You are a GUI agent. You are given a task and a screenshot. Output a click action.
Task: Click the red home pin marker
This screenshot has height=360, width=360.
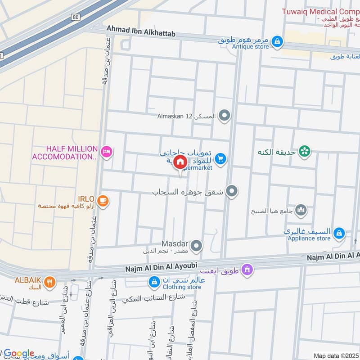[180, 162]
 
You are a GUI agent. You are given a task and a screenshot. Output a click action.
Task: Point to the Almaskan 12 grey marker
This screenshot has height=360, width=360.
[224, 116]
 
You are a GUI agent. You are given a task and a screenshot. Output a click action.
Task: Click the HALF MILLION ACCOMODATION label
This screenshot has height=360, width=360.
[65, 153]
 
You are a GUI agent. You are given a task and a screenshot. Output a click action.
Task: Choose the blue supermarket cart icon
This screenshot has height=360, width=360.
[220, 158]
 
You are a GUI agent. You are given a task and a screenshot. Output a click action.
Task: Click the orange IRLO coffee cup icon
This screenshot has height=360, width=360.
[103, 201]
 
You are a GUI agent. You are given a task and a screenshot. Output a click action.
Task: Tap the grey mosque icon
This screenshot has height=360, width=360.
[301, 210]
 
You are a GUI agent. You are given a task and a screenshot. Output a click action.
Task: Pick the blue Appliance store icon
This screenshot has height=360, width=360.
[339, 234]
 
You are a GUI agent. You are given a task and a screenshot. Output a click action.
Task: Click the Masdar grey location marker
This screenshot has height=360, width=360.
[196, 246]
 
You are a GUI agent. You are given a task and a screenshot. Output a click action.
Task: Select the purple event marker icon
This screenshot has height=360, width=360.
[247, 270]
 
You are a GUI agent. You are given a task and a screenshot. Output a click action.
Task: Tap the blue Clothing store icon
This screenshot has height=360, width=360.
[154, 282]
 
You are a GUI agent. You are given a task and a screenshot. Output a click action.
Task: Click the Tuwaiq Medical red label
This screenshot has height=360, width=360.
[321, 11]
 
